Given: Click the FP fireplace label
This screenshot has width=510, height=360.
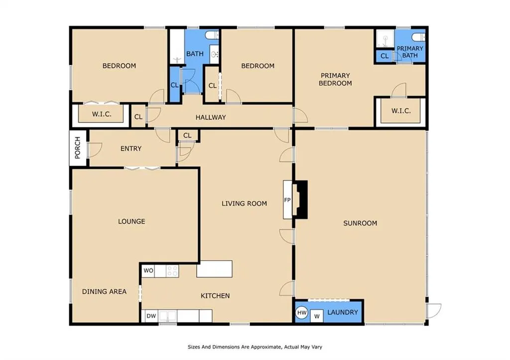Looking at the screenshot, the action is (287, 200).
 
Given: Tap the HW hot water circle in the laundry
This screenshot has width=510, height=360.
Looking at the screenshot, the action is (302, 313).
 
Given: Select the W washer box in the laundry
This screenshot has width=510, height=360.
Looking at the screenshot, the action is (317, 316).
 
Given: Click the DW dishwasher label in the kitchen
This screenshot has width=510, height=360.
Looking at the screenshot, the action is (151, 316).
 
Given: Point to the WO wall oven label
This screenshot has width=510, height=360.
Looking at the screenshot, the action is (148, 270).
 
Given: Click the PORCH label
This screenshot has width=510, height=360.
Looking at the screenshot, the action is (77, 148).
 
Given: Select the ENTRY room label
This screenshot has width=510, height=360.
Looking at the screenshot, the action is (131, 148).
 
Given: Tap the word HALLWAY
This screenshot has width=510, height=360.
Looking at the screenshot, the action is (211, 118).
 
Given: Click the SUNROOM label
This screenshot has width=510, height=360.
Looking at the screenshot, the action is (360, 223).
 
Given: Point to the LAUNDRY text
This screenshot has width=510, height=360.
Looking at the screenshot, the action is (343, 312).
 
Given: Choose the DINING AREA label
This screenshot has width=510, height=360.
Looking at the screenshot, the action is (104, 292).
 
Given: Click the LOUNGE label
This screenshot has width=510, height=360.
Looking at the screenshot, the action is (131, 222).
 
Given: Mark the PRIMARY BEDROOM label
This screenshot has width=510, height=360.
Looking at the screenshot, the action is (335, 79).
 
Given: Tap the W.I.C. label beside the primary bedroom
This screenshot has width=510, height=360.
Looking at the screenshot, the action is (401, 111).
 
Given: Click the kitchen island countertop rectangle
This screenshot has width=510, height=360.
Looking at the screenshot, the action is (214, 269).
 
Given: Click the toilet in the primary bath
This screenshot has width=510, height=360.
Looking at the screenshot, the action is (418, 37).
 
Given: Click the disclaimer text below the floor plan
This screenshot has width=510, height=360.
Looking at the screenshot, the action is (255, 347).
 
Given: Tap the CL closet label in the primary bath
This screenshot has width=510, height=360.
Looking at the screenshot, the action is (384, 56).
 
